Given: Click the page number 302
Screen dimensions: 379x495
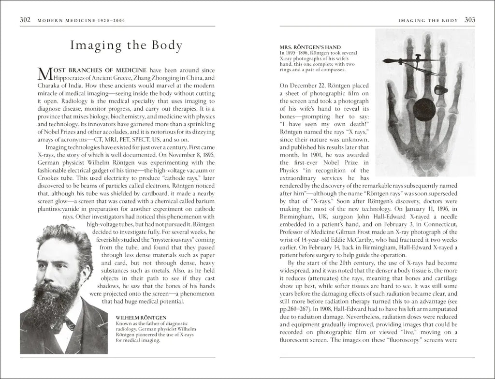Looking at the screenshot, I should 25,20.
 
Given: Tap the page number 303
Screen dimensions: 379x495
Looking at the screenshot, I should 470,20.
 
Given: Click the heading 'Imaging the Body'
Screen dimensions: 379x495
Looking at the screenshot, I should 126,46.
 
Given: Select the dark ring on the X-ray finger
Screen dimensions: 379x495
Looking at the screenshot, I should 440,90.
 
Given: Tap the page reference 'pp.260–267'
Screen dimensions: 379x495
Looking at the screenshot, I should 298,308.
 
